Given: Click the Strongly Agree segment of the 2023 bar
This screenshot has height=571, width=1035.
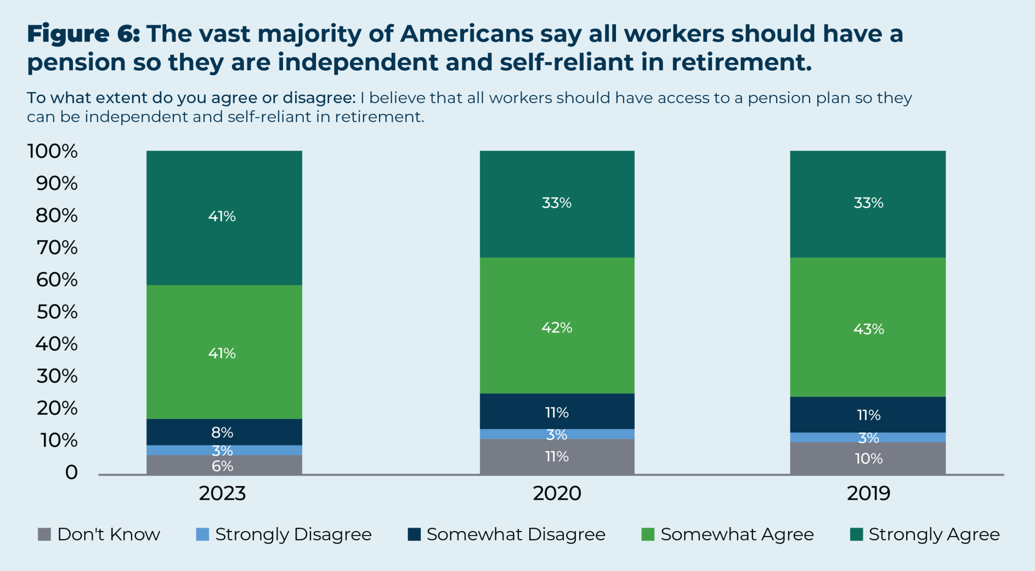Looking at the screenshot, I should point(224,217).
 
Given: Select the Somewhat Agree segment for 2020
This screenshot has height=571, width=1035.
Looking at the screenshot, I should point(557,326).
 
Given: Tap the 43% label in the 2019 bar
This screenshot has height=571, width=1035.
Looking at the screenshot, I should point(868,329).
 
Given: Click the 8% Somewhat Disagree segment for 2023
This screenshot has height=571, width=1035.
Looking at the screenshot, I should point(224,433).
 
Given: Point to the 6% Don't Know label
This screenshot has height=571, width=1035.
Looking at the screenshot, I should point(222,466).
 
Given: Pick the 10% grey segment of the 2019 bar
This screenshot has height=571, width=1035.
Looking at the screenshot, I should point(868,458).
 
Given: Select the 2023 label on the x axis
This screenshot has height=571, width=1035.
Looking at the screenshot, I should point(222,493).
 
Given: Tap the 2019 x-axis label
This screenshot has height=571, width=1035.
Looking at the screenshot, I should point(868,493).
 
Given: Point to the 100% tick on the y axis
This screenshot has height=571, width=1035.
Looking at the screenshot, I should point(53,151).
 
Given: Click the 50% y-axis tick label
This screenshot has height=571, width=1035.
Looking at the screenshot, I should point(57,312).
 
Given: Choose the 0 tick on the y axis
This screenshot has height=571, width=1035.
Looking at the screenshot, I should point(71,472).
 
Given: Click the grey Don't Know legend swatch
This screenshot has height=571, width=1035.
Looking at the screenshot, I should point(44,534).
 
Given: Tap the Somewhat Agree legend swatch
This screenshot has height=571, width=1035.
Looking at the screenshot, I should point(647,534).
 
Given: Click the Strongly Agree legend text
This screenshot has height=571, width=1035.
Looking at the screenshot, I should point(934,534).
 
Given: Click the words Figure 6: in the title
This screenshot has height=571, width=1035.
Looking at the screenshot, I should point(83,34).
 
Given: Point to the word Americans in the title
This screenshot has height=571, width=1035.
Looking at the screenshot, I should point(466,34).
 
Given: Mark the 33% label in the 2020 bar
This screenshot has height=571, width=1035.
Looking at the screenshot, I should point(556,203).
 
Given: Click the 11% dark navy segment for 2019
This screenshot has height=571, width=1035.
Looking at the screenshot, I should point(868,415).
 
